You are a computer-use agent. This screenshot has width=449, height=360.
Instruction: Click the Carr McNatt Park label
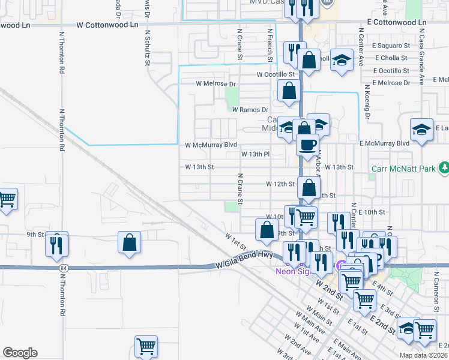[x=402, y=169]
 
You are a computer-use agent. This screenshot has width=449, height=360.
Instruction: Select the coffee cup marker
[x=308, y=145]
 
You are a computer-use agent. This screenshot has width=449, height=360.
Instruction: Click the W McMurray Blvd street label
[x=211, y=145]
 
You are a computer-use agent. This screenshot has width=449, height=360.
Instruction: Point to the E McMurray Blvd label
[x=384, y=144]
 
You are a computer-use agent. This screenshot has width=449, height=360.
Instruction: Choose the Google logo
[x=20, y=353]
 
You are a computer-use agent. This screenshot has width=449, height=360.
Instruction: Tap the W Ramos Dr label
[x=250, y=110]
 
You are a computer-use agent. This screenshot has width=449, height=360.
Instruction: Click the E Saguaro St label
[x=392, y=46]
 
